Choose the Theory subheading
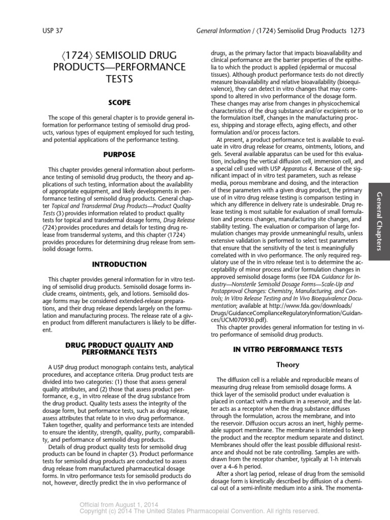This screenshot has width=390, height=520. (287, 365)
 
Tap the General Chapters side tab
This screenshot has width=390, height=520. (378, 221)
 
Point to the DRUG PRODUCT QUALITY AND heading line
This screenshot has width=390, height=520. (119, 345)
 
